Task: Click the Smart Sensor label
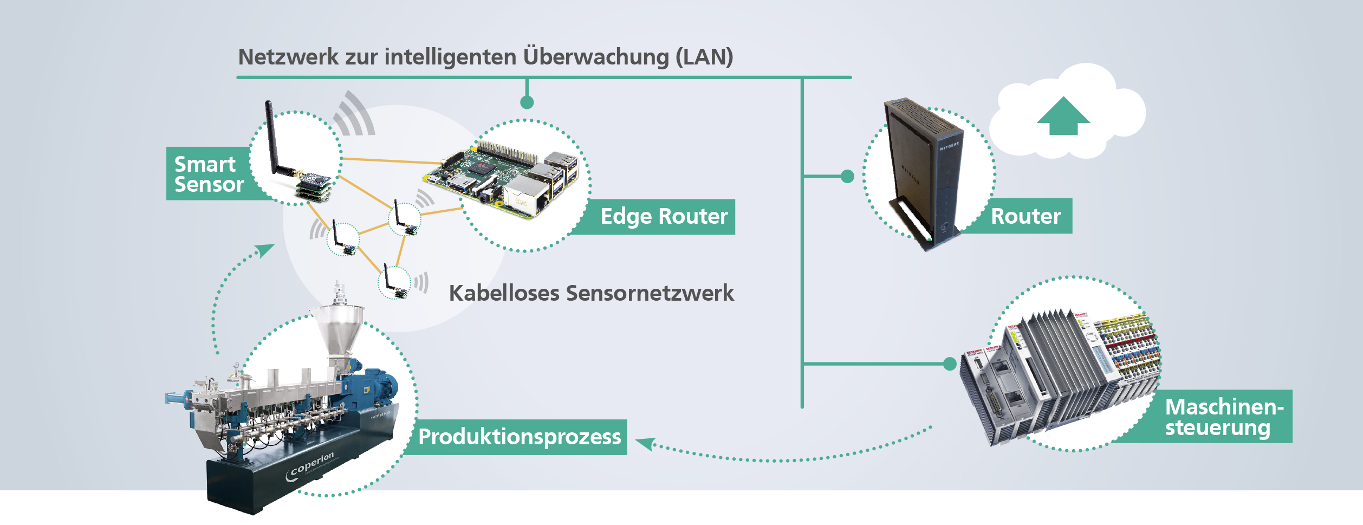[209, 174]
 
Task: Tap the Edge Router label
[664, 217]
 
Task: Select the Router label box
[1026, 216]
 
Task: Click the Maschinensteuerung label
[1224, 417]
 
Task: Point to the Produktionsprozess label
[520, 437]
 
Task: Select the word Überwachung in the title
[596, 57]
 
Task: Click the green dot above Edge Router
[527, 102]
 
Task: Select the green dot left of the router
[847, 176]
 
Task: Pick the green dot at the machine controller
[950, 364]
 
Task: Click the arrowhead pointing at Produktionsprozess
[645, 444]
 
